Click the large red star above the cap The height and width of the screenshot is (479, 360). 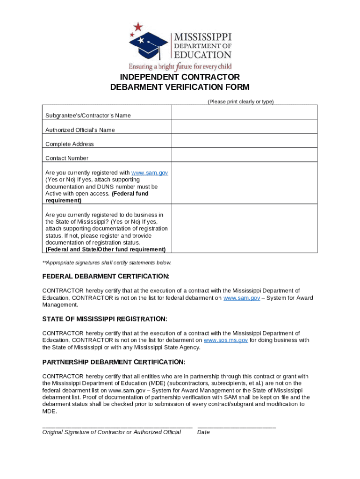click(x=138, y=27)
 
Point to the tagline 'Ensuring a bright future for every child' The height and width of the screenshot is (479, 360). click(x=180, y=66)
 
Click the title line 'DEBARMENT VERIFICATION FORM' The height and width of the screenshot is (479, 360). click(x=180, y=87)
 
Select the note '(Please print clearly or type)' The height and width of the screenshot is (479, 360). click(x=240, y=102)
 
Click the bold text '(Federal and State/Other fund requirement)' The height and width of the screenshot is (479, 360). click(x=105, y=249)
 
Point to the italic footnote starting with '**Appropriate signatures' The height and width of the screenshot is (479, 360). click(x=107, y=262)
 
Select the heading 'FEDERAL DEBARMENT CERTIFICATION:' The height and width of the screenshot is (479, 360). click(x=106, y=276)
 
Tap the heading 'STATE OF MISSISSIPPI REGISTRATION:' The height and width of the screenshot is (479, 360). click(x=105, y=319)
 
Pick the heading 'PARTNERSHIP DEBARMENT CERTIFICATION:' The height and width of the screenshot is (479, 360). click(x=114, y=362)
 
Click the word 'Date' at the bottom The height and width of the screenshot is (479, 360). click(x=203, y=432)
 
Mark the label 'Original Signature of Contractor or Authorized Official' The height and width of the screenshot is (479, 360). click(x=111, y=432)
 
